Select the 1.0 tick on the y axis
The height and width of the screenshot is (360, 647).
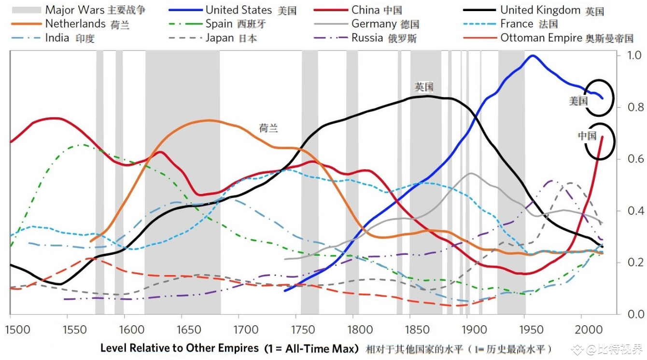[x=619, y=55]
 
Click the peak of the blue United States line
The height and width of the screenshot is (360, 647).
[x=533, y=55]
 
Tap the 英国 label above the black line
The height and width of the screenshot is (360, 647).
[x=424, y=87]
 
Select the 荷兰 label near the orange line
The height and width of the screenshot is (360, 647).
[x=268, y=128]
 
